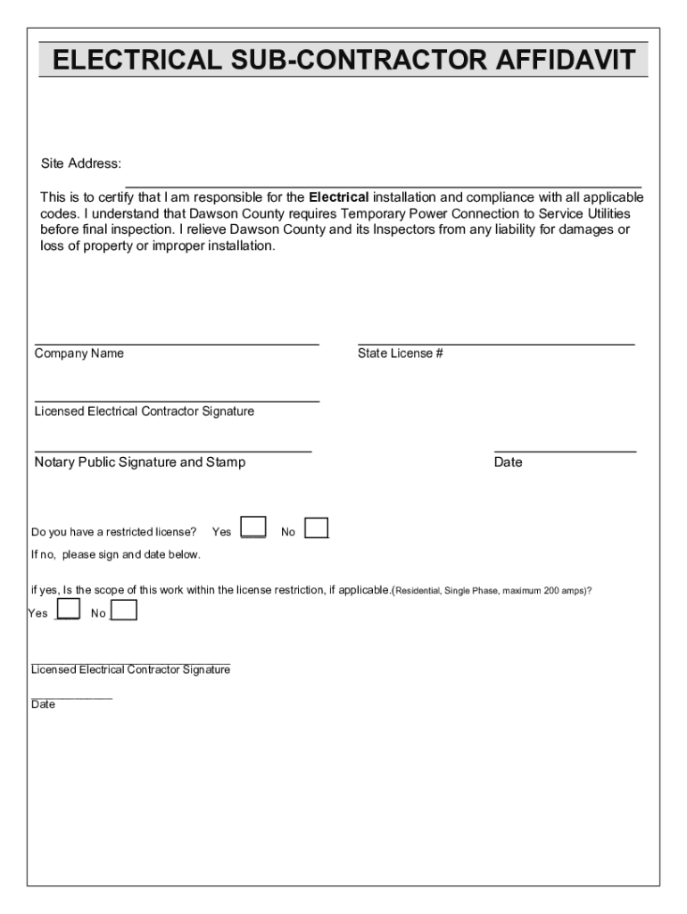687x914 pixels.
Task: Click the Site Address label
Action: coord(80,164)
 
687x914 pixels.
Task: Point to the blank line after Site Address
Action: coord(384,185)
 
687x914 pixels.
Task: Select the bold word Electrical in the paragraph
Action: coord(338,197)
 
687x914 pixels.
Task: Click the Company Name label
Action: coord(79,353)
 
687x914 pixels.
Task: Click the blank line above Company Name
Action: coord(177,343)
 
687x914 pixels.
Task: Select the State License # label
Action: coord(401,353)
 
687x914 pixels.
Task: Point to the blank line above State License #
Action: coord(496,343)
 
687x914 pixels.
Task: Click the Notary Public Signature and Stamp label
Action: coord(140,462)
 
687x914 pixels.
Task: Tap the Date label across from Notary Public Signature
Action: coord(508,462)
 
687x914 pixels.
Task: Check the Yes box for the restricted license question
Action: coord(253,528)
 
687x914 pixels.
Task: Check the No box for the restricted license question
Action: coord(317,528)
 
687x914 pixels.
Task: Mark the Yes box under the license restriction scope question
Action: coord(69,610)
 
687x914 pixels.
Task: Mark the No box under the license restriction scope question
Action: coord(124,610)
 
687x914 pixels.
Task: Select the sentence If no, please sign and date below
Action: coord(116,555)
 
